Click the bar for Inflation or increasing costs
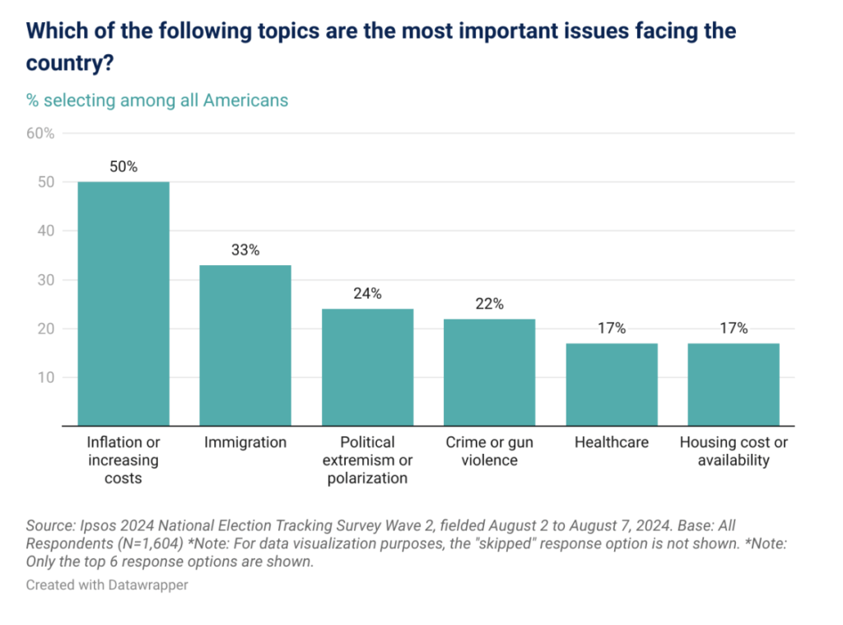click(123, 304)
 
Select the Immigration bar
click(245, 346)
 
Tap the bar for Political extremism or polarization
click(367, 367)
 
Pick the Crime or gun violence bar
click(489, 372)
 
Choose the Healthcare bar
click(612, 385)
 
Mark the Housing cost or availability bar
click(734, 385)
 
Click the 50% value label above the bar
click(123, 167)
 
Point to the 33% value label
click(245, 250)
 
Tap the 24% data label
click(367, 294)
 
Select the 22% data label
click(489, 304)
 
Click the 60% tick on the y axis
click(40, 133)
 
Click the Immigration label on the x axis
click(245, 443)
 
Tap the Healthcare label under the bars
click(612, 443)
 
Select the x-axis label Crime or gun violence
click(489, 451)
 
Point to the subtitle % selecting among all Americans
click(157, 100)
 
